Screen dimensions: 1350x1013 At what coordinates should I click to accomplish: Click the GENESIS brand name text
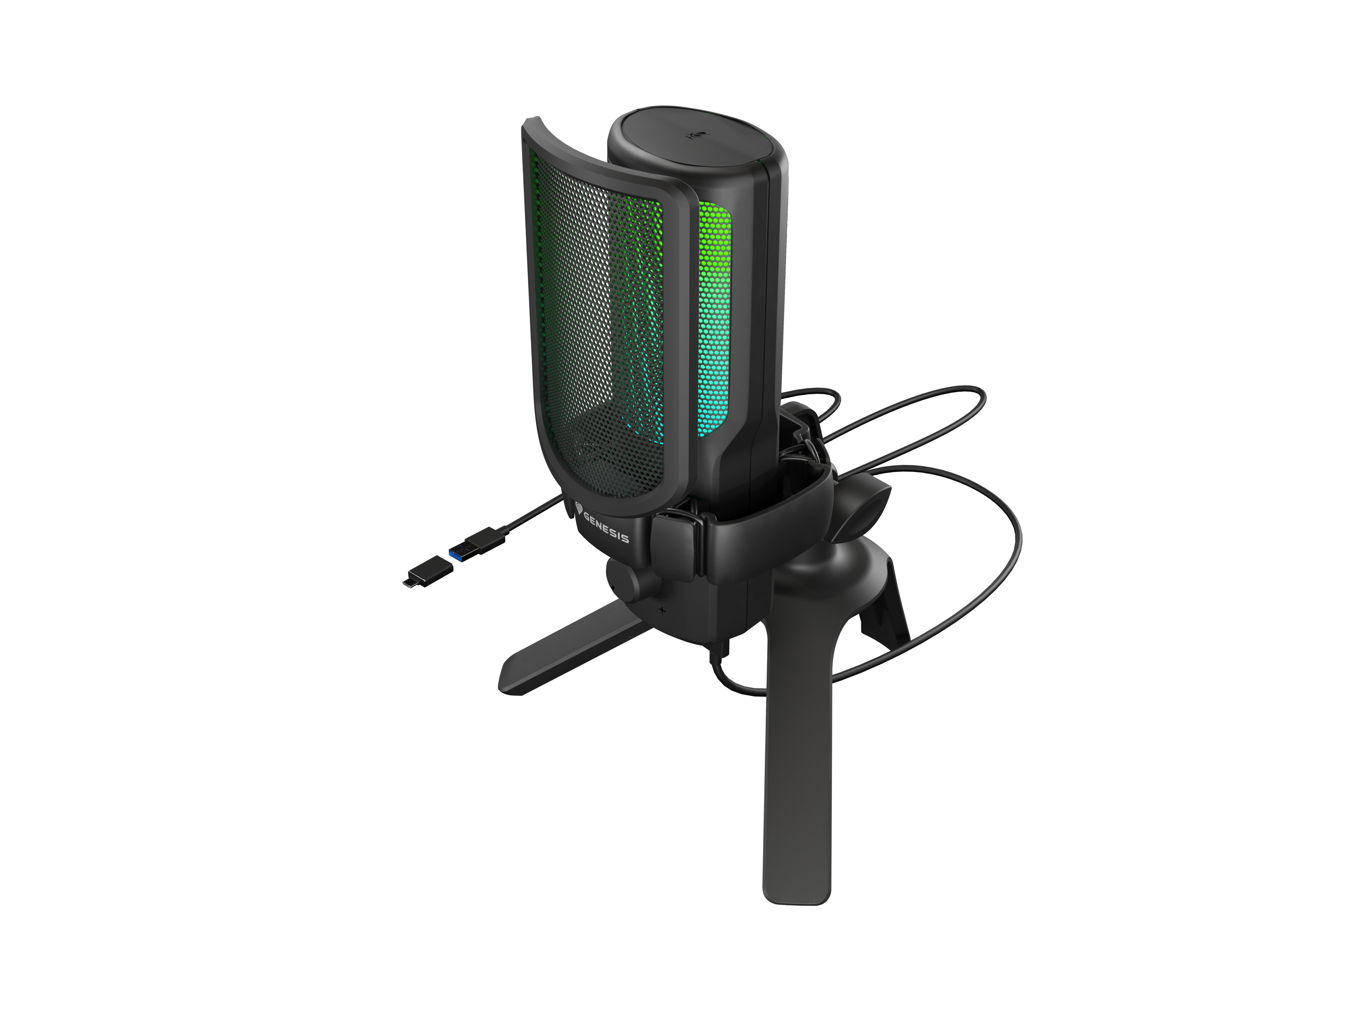tap(605, 527)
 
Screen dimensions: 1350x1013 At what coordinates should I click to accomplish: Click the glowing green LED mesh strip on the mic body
tap(715, 317)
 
